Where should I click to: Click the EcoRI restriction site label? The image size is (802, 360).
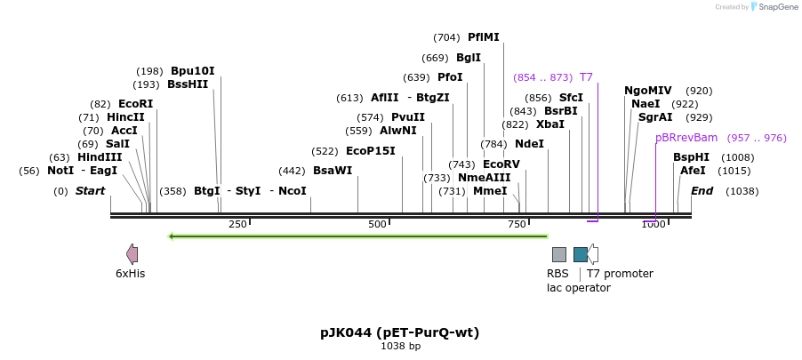click(x=135, y=104)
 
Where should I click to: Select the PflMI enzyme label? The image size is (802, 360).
click(x=484, y=37)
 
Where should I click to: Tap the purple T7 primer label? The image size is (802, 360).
click(x=586, y=77)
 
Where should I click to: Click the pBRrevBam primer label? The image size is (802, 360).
click(x=686, y=138)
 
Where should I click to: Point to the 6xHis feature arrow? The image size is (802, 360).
click(x=132, y=254)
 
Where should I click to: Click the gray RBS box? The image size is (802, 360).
click(x=559, y=254)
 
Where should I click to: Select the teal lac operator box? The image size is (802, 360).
click(x=580, y=254)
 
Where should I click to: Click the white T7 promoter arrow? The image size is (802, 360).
click(x=593, y=254)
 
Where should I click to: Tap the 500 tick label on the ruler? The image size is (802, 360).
click(x=377, y=224)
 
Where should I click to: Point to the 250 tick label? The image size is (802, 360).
click(x=237, y=224)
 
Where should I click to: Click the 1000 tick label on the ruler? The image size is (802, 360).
click(x=653, y=224)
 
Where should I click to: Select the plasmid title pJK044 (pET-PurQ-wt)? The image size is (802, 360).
click(x=400, y=332)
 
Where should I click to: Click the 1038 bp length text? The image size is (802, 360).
click(x=400, y=346)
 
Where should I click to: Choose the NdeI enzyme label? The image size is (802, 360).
click(x=529, y=144)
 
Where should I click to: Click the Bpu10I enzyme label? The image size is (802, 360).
click(x=193, y=71)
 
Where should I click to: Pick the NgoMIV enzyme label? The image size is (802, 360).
click(x=648, y=91)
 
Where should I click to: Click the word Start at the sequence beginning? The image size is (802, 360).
click(x=90, y=191)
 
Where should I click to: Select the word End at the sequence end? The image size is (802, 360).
click(x=702, y=191)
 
